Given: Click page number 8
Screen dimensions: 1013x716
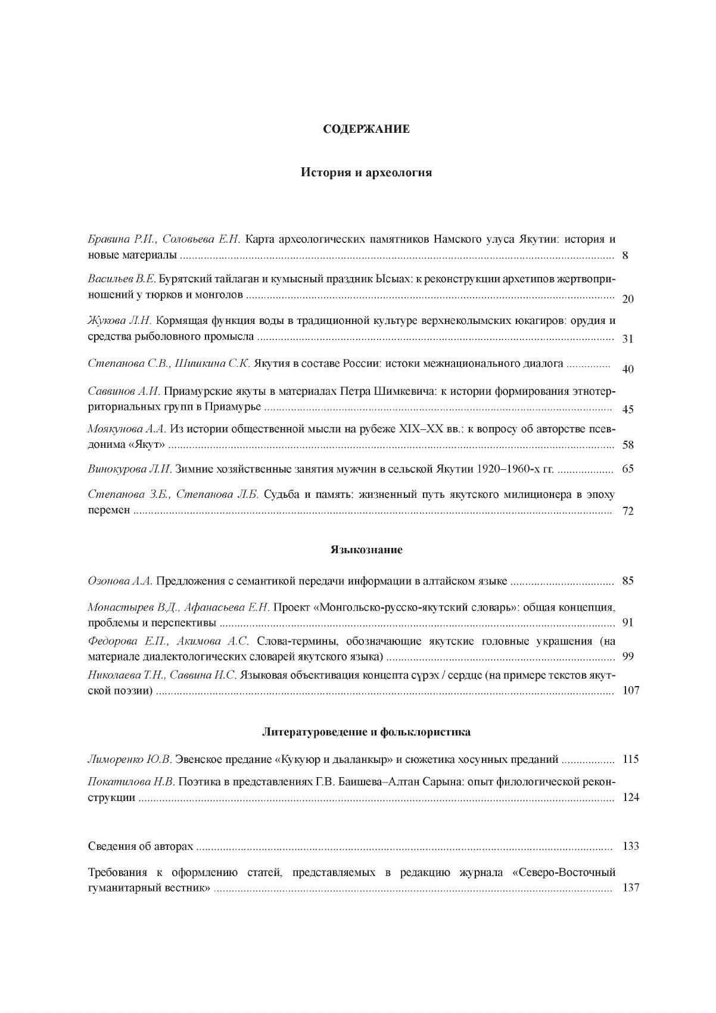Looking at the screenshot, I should [x=625, y=256].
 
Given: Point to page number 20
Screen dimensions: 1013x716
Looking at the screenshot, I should [x=627, y=298].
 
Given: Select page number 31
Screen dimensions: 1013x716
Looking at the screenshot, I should [x=627, y=338].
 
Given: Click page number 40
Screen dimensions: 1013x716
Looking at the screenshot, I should [x=627, y=369].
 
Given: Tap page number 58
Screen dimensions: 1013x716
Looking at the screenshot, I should [x=627, y=445].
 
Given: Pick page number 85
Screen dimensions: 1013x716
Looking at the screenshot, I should [x=627, y=581].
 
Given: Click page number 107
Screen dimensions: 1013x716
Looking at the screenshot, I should [x=630, y=690].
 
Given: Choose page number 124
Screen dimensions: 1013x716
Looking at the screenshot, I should [x=630, y=797].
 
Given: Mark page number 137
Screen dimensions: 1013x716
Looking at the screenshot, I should [x=630, y=887].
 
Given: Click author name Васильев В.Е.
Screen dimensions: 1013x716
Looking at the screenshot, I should [x=122, y=279].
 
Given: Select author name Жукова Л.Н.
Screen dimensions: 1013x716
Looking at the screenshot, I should [x=119, y=320].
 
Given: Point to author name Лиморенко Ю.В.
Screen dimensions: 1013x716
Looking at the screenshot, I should [x=129, y=759].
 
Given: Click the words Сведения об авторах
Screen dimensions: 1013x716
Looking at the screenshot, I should [x=141, y=846].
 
